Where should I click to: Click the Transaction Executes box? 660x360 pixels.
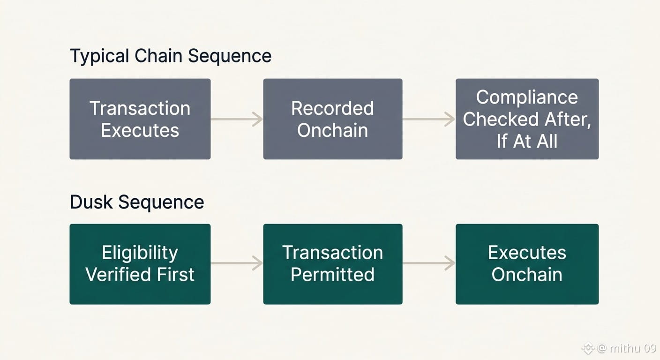point(140,119)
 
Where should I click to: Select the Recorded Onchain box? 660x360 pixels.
point(333,119)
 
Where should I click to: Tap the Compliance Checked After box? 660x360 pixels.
point(527,119)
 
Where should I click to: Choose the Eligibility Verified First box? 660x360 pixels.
point(140,264)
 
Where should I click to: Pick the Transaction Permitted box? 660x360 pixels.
point(333,264)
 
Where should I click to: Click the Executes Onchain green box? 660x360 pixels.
point(527,264)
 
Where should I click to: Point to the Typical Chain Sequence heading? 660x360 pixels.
point(171,56)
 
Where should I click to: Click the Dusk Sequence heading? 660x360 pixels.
point(137,202)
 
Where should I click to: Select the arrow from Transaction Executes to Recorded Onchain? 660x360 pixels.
point(237,120)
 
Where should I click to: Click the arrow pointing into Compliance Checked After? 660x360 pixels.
point(429,120)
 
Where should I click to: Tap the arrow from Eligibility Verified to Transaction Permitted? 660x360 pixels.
point(237,263)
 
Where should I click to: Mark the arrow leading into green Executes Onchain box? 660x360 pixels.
point(429,263)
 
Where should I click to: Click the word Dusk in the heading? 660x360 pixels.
point(91,202)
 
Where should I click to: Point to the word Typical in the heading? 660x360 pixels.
point(99,56)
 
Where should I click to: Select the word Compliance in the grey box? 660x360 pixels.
point(527,97)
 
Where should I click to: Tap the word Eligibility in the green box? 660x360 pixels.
point(140,253)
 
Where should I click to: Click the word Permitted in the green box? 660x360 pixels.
point(333,275)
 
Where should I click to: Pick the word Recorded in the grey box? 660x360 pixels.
point(333,108)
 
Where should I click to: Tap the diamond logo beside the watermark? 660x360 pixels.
point(588,348)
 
